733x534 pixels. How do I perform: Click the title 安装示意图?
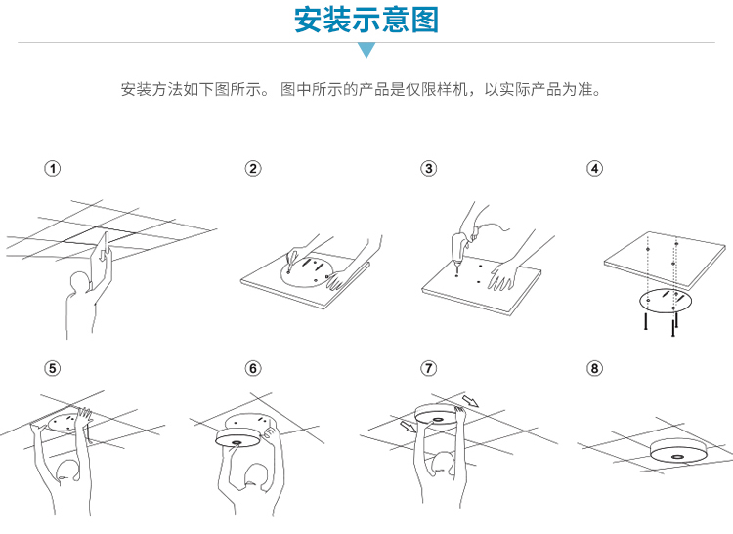366,20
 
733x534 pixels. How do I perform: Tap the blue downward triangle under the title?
366,49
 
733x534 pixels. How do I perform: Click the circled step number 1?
53,169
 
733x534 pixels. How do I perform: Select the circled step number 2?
253,169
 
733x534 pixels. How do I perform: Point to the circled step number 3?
429,169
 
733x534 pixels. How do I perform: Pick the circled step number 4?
594,169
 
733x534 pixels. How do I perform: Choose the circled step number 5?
53,368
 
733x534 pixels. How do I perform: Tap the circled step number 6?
253,368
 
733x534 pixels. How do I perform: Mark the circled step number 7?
429,368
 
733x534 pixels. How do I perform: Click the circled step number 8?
594,368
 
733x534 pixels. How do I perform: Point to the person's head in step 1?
79,284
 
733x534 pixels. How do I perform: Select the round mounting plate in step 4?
666,300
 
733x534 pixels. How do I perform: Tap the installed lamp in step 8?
677,450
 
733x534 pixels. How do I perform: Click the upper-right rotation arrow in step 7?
470,401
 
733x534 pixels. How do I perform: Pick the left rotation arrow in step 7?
409,426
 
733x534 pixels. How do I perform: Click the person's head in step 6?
255,476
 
